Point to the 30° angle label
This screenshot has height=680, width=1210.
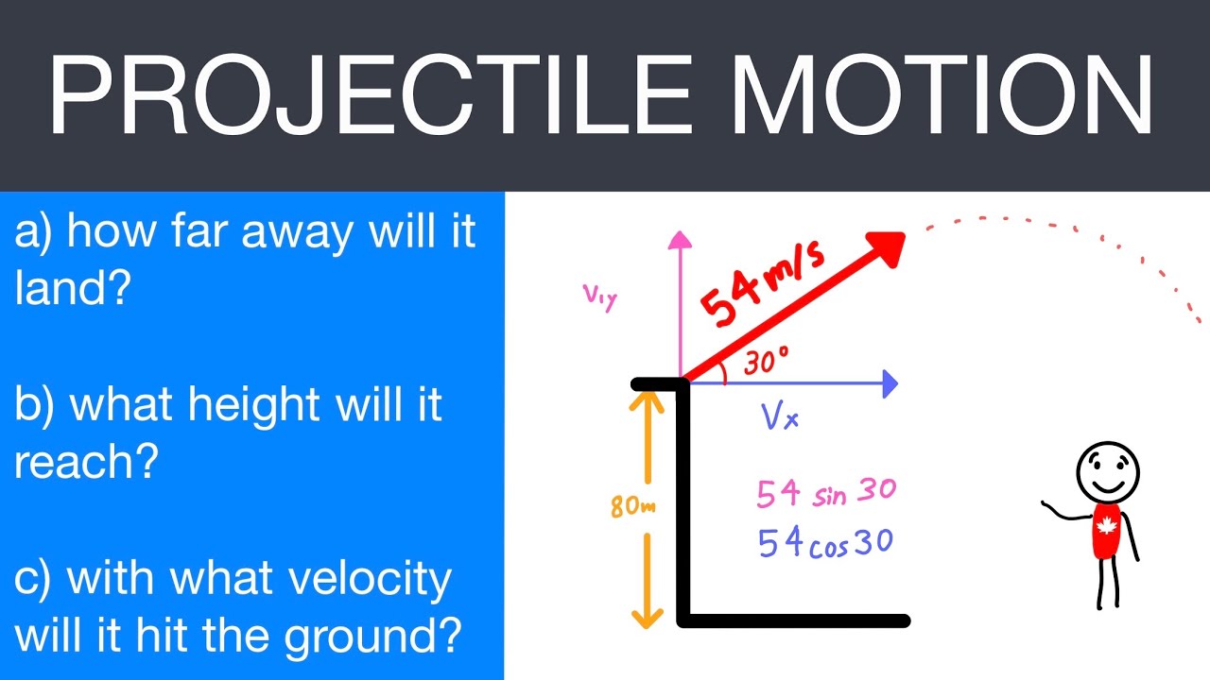tap(765, 362)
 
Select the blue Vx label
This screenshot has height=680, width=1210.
tap(781, 416)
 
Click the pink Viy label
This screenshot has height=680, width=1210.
tap(600, 297)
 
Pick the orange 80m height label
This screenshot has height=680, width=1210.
tap(632, 506)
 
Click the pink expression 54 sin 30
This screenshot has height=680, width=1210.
tap(825, 493)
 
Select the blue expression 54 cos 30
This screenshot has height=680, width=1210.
tap(825, 542)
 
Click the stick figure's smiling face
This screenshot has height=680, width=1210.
tap(1108, 469)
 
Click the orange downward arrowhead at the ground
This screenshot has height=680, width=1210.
tap(647, 619)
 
